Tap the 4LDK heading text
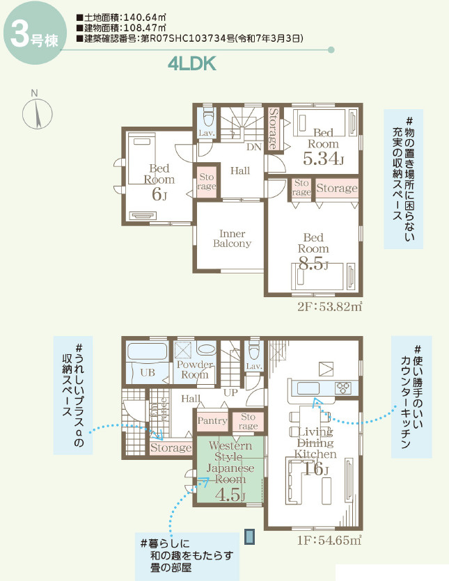192,64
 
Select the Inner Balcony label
232,239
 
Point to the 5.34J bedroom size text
323,159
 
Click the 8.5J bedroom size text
313,263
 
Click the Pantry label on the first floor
212,420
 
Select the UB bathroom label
148,372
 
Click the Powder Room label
194,369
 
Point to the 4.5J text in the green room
230,495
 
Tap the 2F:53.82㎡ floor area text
329,306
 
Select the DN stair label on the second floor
253,147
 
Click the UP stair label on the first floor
229,393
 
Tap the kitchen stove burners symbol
344,388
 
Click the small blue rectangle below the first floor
249,536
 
